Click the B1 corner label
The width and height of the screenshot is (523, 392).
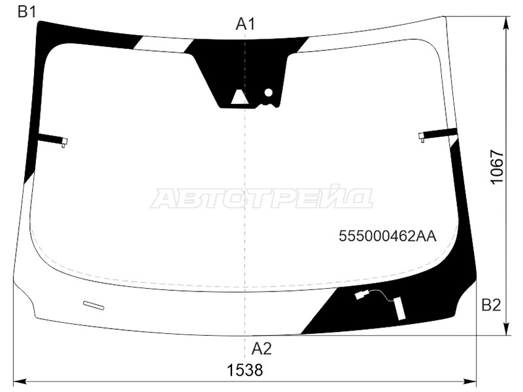coord(26,12)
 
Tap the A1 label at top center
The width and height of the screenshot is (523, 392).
coord(245,24)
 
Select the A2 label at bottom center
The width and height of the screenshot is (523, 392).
coord(261,349)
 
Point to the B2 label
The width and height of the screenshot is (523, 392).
coord(492,305)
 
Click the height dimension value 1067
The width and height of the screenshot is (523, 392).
coord(497,166)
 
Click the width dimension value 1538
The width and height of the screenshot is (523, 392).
coord(245,370)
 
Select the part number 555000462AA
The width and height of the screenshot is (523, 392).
coord(388,237)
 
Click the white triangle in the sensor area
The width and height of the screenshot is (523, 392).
coord(238,97)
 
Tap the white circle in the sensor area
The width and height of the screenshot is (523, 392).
coord(269,93)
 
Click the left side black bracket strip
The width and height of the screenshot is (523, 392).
coord(51,138)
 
